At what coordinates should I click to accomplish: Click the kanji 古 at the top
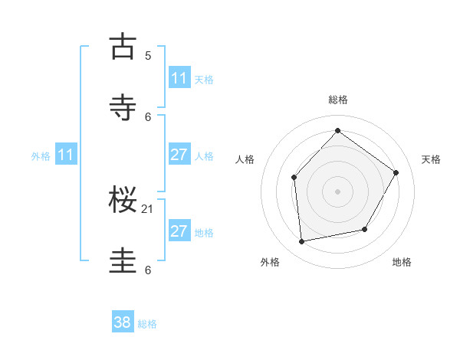coord(123,47)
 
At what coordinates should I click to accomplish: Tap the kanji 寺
coord(123,106)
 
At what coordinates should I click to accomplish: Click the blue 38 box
coord(123,322)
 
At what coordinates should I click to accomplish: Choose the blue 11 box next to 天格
coord(179,78)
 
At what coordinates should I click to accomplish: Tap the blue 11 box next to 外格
coord(66,155)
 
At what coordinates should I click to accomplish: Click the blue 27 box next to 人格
coord(179,155)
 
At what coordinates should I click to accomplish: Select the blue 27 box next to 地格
coord(179,231)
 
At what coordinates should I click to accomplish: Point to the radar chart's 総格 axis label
coord(337,100)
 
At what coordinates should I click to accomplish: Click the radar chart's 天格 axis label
coord(431,159)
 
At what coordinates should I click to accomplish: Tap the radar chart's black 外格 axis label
coord(270,262)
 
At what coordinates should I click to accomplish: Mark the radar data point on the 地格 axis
coord(365,229)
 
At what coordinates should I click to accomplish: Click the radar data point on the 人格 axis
coord(294,178)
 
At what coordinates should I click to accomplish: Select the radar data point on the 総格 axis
coord(337,130)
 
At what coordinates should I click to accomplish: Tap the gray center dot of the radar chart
coord(337,191)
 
